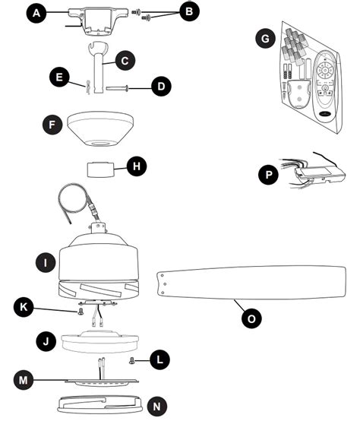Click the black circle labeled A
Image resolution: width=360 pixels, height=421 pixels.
click(36, 13)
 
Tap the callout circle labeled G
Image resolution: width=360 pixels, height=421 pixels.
click(265, 39)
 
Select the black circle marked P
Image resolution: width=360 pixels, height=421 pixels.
click(268, 175)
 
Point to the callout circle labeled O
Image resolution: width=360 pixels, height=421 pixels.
click(251, 318)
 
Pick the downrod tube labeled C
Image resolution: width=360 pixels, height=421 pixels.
click(98, 67)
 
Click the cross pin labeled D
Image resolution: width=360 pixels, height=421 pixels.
click(117, 88)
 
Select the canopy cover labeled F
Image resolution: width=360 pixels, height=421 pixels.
click(98, 129)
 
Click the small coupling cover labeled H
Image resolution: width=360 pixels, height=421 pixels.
click(101, 169)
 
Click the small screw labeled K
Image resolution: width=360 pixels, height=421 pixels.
click(81, 312)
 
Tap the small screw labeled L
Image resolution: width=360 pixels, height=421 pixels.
click(132, 360)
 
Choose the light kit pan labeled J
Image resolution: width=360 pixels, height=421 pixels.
click(99, 341)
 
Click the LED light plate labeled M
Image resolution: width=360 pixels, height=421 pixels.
click(102, 381)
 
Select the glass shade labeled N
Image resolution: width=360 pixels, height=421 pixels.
click(99, 404)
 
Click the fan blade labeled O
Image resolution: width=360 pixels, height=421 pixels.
click(251, 282)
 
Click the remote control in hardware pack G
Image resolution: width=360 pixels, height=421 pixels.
click(325, 87)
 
